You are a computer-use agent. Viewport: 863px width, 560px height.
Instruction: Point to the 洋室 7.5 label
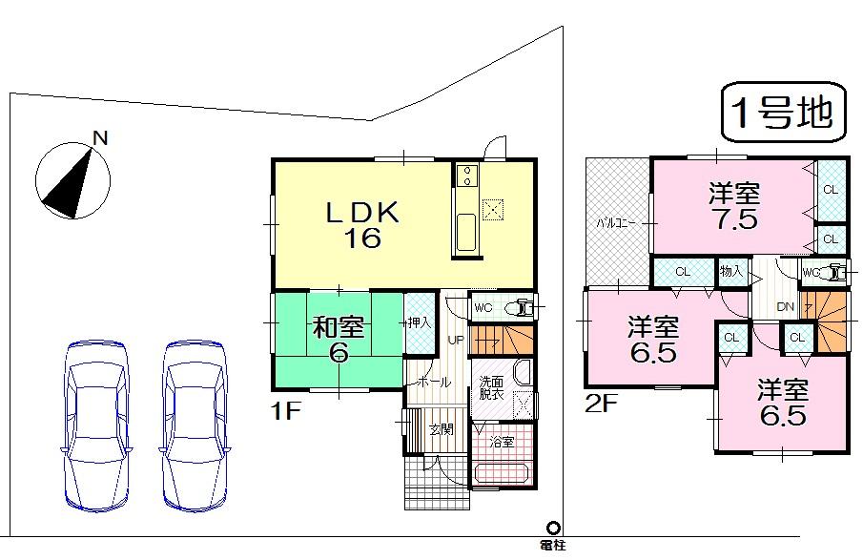coord(733,206)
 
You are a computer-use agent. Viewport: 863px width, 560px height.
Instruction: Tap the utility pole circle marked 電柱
coord(553,527)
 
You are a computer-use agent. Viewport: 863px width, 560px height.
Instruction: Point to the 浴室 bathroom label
coord(502,442)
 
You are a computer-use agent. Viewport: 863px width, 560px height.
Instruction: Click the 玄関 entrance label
coord(440,428)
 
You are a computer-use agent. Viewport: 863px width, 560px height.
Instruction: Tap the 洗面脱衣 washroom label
coord(492,388)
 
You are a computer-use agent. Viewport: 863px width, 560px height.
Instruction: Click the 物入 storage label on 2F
coord(730,272)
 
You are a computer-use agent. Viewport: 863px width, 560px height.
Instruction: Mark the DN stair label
coord(786,307)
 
